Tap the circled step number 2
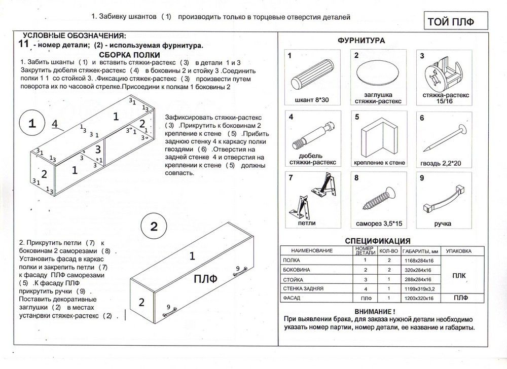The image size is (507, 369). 155,225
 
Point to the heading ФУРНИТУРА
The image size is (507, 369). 361,41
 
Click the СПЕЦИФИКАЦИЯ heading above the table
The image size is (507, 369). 377,241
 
